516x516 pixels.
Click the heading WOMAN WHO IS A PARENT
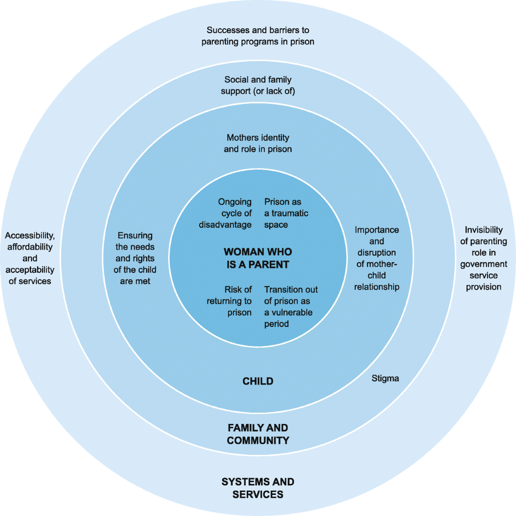click(258, 258)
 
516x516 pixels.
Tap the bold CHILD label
click(258, 381)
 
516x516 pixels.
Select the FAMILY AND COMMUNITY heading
click(258, 434)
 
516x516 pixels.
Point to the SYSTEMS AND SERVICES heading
click(258, 488)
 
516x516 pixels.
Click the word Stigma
click(385, 378)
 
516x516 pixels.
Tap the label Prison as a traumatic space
click(286, 213)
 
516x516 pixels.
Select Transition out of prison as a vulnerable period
click(290, 307)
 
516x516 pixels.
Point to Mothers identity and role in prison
click(258, 143)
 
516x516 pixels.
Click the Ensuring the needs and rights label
click(135, 258)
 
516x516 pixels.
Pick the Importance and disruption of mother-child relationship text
click(377, 258)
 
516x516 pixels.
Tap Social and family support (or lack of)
click(258, 85)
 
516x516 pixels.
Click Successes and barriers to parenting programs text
click(258, 36)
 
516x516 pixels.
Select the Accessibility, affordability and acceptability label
click(30, 258)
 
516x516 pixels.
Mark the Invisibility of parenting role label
click(483, 258)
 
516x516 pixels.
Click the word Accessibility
click(30, 236)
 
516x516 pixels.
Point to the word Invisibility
click(483, 230)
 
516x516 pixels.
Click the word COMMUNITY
click(258, 440)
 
